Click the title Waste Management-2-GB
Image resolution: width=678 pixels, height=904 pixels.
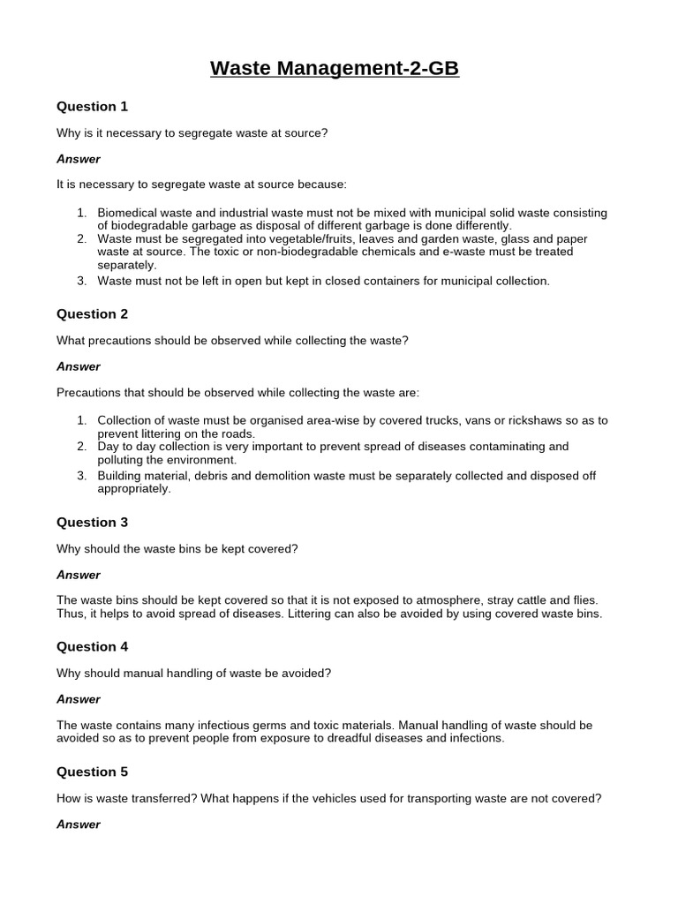tap(335, 68)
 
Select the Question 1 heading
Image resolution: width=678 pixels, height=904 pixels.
tap(93, 107)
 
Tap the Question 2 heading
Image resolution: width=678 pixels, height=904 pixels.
tap(93, 314)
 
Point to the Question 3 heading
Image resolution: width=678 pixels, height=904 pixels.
tap(93, 523)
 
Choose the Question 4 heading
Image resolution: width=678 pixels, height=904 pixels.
tap(93, 647)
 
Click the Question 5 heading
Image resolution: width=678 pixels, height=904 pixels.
tap(93, 772)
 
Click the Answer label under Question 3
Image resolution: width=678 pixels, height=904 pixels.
tap(79, 575)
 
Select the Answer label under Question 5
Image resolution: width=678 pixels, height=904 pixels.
tap(79, 824)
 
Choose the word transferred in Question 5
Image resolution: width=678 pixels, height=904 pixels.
tap(162, 798)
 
